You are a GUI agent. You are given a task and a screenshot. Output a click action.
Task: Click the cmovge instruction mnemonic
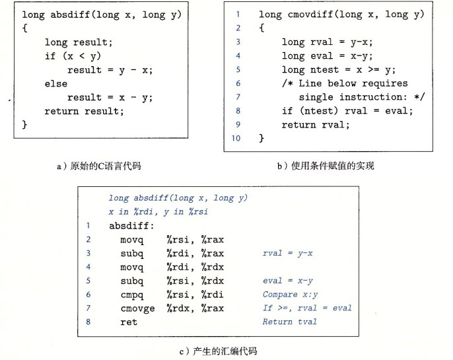[137, 309]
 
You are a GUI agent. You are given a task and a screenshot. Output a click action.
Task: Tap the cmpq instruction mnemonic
[132, 295]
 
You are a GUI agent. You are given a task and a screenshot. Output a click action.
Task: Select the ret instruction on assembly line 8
[129, 322]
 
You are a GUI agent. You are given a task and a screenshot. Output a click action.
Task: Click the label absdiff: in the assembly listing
[131, 226]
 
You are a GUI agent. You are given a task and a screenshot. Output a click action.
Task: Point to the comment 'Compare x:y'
[290, 295]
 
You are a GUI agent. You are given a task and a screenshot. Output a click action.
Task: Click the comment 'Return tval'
[289, 322]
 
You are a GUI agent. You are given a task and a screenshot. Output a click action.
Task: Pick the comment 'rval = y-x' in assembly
[287, 254]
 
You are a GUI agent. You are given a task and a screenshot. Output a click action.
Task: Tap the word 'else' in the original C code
[55, 84]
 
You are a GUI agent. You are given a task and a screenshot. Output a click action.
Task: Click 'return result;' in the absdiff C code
[84, 111]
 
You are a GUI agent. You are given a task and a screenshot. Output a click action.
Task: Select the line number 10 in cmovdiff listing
[236, 138]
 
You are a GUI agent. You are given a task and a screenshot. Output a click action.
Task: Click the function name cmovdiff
[310, 14]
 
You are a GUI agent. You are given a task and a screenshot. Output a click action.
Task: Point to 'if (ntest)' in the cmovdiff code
[310, 111]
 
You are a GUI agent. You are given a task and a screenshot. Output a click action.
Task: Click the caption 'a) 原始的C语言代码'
[99, 166]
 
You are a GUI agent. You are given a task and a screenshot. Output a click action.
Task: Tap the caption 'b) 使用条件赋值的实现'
[326, 166]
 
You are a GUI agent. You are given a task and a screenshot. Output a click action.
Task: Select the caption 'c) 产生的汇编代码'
[218, 351]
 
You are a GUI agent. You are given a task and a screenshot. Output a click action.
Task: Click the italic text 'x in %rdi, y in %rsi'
[158, 212]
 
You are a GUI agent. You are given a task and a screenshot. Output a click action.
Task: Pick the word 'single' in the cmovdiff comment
[316, 97]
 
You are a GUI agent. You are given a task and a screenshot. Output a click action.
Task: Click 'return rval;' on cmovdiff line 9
[316, 125]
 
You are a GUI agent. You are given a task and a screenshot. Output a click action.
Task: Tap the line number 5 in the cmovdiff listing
[238, 69]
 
